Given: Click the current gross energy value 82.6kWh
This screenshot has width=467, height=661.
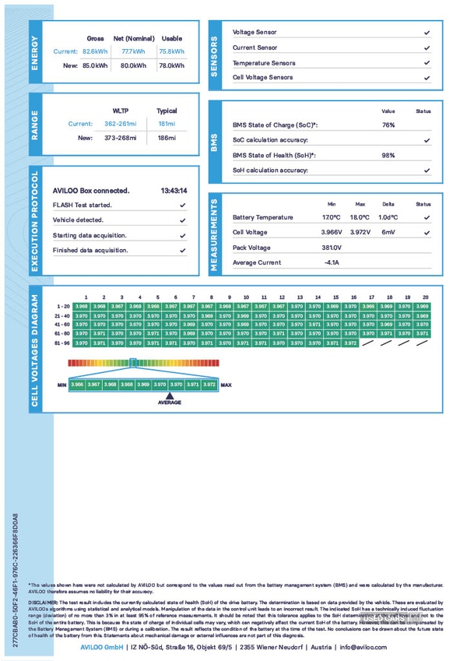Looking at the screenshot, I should (x=95, y=51).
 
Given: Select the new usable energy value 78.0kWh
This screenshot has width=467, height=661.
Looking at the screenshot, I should (x=171, y=66).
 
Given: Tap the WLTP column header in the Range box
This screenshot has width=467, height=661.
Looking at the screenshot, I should (x=121, y=111).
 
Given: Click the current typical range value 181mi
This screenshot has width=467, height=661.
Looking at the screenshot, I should (x=167, y=124).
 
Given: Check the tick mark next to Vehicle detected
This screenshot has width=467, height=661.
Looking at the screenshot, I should (x=182, y=220).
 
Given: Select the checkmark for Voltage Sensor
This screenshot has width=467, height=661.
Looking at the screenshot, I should (x=427, y=33).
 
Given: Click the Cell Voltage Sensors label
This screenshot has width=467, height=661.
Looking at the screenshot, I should (x=263, y=78).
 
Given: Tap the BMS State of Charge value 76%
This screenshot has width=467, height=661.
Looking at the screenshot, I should (x=388, y=125).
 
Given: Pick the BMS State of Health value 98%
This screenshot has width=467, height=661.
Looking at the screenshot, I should (x=388, y=155).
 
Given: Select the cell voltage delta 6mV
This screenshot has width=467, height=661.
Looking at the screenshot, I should (x=388, y=232).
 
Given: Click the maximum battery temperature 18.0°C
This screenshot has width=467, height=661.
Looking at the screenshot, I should (x=360, y=217).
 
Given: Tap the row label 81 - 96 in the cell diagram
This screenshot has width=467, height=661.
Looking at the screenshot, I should (x=62, y=343).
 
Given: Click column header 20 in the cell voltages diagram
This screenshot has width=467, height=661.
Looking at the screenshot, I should (x=425, y=297).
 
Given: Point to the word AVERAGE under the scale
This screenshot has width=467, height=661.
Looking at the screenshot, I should (x=170, y=403).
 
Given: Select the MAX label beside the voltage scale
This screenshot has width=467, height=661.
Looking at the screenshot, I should (x=226, y=385).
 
